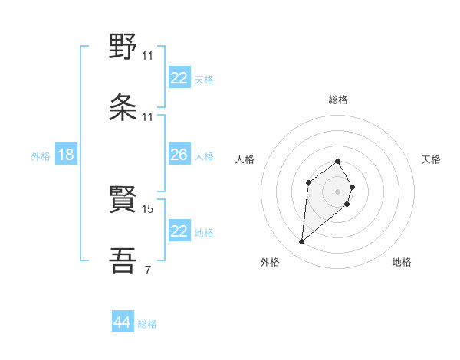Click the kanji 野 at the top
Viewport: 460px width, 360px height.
123,47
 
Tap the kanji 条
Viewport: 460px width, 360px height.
123,108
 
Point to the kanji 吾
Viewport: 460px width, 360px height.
123,260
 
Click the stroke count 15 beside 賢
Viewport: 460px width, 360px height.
149,208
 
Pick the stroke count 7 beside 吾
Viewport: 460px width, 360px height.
147,270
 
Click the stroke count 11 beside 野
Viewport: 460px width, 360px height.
148,56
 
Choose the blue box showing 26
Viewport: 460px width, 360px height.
179,155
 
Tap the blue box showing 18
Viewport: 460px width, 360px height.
66,155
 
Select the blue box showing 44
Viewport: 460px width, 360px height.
123,322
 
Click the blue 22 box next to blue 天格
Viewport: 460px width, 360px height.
179,78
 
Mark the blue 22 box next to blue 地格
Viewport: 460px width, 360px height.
179,231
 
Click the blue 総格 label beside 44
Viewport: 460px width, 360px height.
147,324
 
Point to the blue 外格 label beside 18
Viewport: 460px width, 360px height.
41,156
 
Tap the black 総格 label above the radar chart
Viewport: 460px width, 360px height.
338,100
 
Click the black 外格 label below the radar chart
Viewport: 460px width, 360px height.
270,262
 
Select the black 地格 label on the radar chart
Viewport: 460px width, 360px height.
402,262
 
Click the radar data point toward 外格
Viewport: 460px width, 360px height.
302,242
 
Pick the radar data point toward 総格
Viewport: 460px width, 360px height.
338,162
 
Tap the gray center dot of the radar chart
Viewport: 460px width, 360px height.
338,191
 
